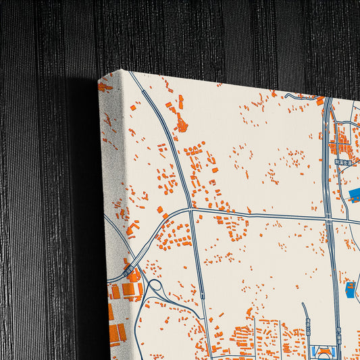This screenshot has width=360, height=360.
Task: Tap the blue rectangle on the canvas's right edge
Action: pos(355,196)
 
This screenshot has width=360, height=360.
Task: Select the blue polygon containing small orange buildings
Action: pos(351,290)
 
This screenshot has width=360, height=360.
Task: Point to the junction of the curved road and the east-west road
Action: pos(191,210)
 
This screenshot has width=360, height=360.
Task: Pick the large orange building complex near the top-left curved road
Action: pos(181,124)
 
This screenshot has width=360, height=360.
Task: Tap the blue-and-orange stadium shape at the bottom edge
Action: pos(324,352)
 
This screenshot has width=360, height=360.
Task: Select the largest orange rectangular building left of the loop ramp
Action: pos(128,290)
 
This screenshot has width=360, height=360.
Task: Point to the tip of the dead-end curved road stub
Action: pos(303,305)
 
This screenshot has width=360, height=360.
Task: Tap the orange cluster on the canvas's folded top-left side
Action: pos(104,86)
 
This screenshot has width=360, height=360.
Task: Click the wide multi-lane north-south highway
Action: pos(328,169)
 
